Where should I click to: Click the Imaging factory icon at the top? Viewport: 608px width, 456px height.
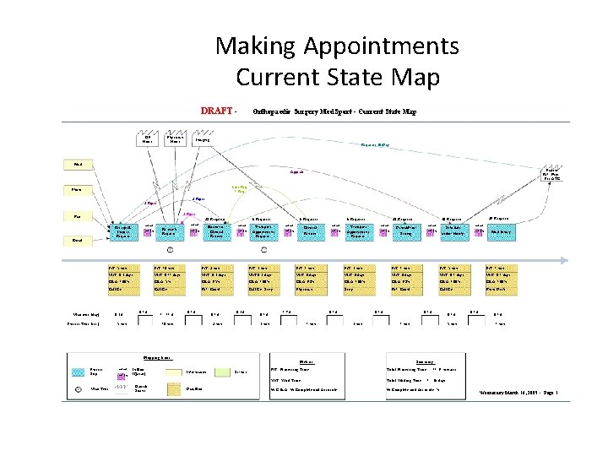203,139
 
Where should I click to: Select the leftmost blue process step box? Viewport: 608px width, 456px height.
122,231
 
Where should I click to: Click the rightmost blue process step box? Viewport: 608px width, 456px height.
500,231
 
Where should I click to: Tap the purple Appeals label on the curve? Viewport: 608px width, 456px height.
297,172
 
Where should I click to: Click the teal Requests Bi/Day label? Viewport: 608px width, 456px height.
374,145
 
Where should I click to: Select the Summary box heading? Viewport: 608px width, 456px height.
426,361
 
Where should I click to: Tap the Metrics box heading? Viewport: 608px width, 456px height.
307,361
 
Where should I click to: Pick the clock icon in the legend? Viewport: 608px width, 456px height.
119,389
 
